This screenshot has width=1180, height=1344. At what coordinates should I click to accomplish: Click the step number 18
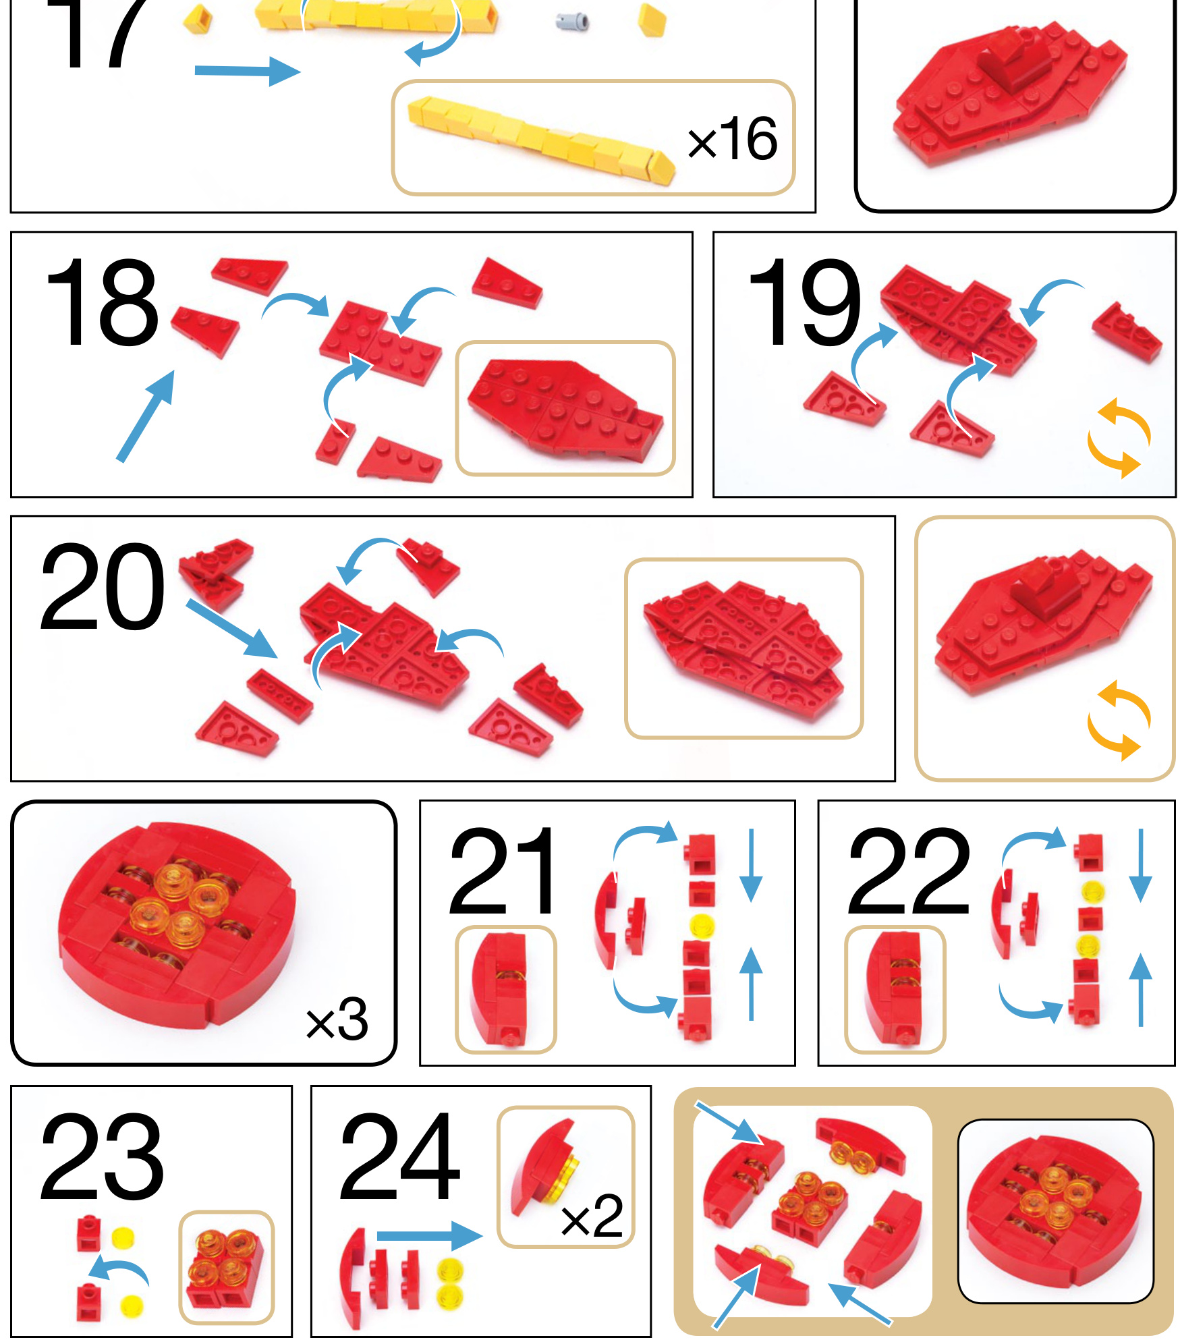click(101, 303)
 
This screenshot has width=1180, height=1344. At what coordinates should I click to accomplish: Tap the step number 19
click(804, 303)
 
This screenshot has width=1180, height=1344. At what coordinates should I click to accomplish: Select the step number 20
click(101, 587)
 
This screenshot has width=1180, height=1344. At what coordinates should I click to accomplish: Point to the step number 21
click(503, 871)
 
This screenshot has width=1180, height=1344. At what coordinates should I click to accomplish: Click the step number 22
click(908, 871)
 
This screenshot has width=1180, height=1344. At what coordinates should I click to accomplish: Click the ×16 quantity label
click(733, 139)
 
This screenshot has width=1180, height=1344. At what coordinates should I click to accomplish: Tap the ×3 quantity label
click(337, 1019)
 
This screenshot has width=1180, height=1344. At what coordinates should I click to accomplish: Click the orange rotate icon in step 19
click(1119, 438)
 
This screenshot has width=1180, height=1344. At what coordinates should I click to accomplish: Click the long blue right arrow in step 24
click(430, 1235)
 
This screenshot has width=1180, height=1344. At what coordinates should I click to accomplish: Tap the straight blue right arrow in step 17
click(248, 71)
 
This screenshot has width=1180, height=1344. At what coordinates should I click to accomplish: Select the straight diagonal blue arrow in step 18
click(146, 416)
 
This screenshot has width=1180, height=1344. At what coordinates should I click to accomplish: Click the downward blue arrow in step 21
click(750, 866)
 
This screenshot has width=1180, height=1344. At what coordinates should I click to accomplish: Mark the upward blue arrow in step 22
click(1140, 990)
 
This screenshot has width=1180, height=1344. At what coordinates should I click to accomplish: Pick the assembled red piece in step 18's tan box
click(565, 409)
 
